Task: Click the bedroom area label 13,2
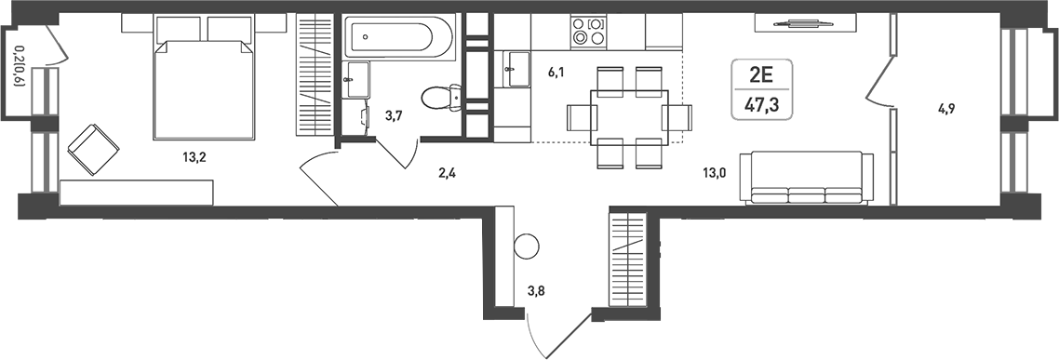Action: click(x=194, y=156)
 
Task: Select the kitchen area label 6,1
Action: click(x=556, y=71)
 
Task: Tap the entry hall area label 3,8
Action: click(x=538, y=290)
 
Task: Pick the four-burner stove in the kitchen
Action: click(x=587, y=32)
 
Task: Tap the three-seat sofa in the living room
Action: click(x=805, y=178)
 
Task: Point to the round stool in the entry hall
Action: click(x=526, y=247)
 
